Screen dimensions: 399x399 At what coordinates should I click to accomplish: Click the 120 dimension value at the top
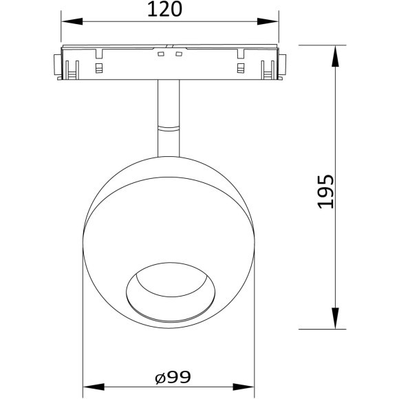tap(169, 9)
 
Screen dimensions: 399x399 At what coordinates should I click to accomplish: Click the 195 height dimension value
tap(326, 190)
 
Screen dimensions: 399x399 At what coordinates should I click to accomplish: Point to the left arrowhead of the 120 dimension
tap(67, 21)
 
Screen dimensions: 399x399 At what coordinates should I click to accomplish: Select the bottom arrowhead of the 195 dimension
tap(336, 323)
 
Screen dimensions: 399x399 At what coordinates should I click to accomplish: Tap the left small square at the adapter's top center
tap(160, 54)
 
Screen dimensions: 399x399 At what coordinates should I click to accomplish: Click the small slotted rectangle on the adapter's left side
tap(98, 68)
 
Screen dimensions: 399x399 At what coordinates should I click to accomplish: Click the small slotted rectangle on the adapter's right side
tap(240, 68)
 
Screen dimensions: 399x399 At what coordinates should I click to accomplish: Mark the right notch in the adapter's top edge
tap(240, 53)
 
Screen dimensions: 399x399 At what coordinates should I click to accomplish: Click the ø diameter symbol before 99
tap(159, 378)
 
